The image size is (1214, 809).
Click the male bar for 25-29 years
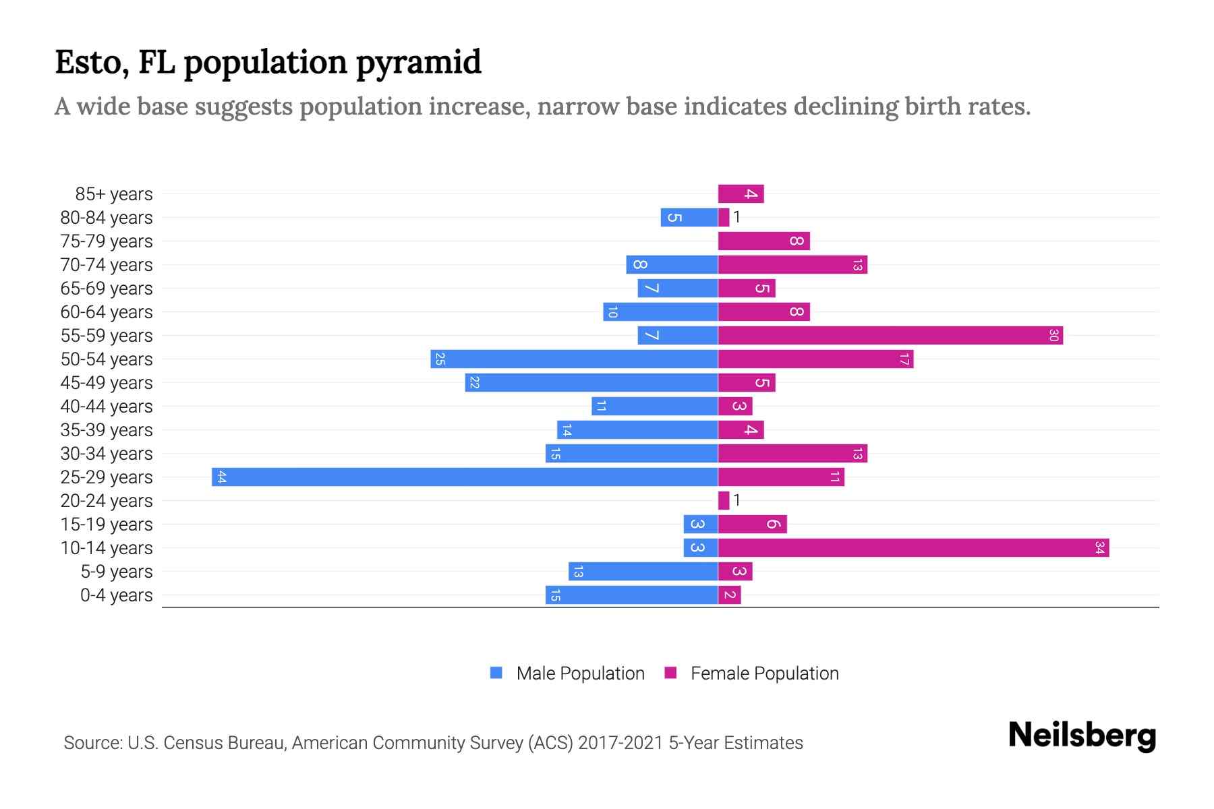tap(465, 477)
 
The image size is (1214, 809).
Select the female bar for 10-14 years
tap(913, 547)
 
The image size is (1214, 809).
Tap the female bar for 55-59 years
tap(890, 335)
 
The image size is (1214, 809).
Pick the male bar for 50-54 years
tap(574, 359)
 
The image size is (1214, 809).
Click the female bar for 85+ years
tap(741, 193)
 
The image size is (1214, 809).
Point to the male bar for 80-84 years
tap(689, 217)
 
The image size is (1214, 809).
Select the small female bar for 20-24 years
tap(724, 500)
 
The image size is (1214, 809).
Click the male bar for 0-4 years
tap(631, 595)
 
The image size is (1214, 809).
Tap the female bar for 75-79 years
tap(763, 241)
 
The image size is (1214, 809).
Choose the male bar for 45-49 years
tap(591, 382)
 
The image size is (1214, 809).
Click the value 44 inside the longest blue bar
tap(221, 477)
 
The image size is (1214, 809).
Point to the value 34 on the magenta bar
tap(1099, 547)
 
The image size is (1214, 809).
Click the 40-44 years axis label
tap(107, 407)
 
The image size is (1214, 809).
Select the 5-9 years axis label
tap(116, 572)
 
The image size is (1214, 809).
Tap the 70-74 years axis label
tap(107, 265)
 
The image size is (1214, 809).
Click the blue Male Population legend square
tap(496, 673)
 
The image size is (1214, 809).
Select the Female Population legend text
tap(764, 673)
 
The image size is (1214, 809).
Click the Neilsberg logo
tap(1082, 736)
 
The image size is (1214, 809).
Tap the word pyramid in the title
tap(418, 63)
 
